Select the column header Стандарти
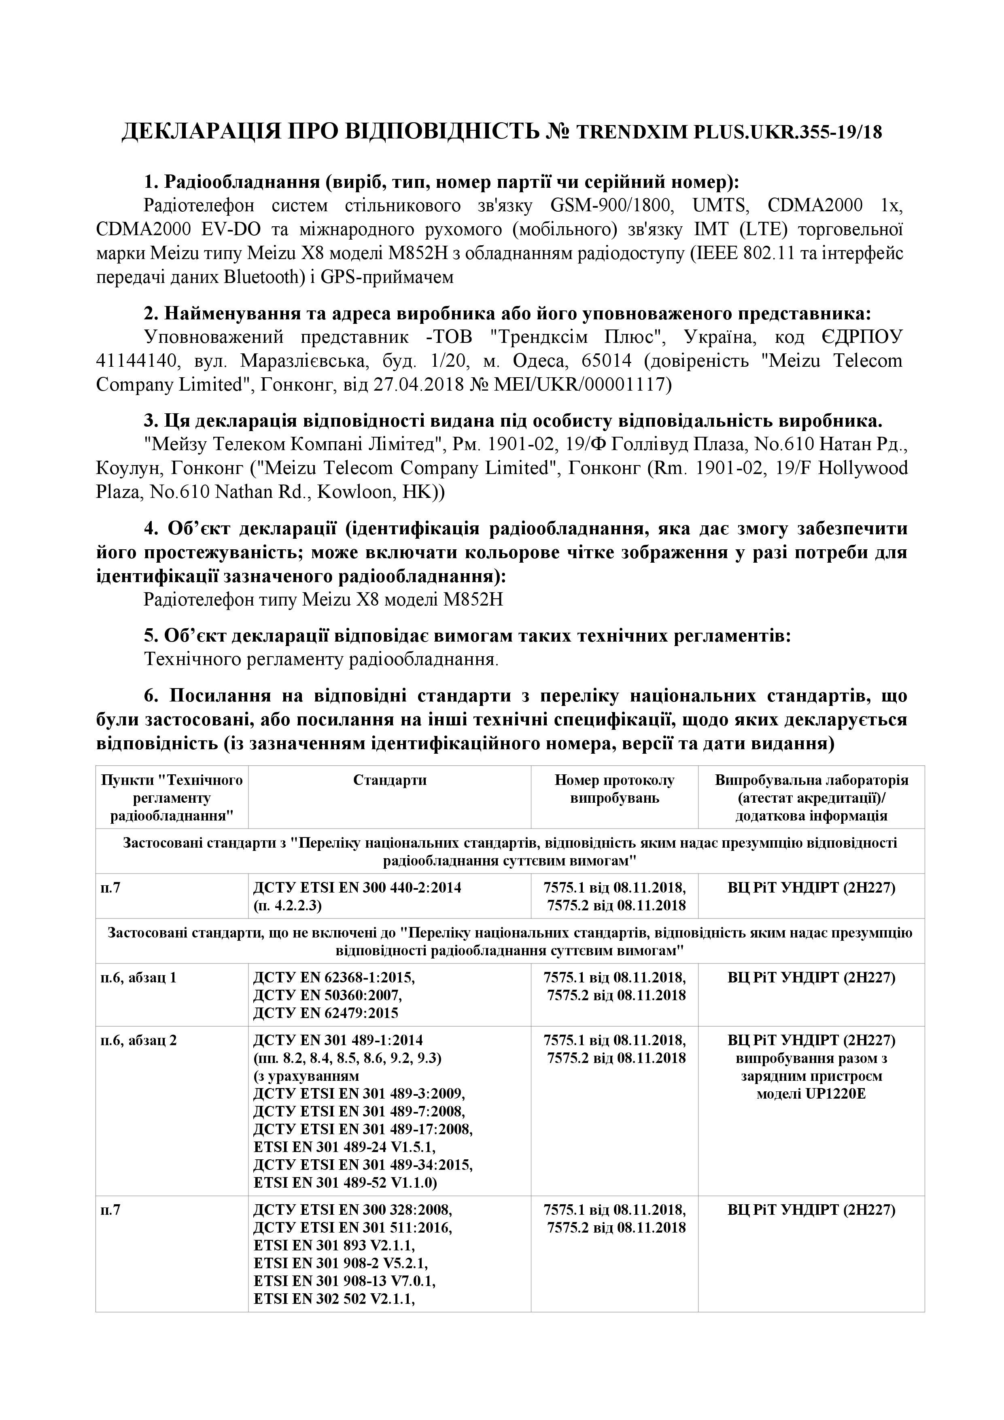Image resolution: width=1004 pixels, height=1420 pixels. (x=389, y=780)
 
